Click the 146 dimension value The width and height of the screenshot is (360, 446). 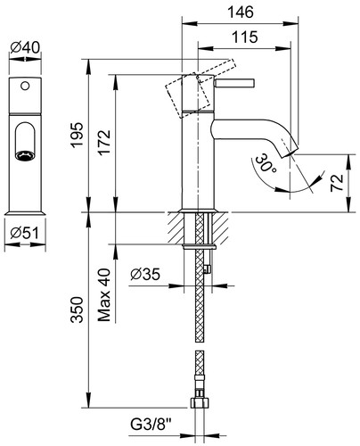241,12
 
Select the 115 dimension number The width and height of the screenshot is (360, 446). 244,37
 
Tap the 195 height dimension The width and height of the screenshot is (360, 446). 77,135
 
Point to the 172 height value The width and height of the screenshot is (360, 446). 104,143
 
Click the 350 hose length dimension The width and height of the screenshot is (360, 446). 77,310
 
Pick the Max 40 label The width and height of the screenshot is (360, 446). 104,295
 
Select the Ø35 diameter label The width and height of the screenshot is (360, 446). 145,274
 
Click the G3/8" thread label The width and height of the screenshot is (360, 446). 151,425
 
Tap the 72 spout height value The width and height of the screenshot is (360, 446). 337,183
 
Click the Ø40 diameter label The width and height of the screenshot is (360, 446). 25,47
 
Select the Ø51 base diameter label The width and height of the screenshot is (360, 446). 24,233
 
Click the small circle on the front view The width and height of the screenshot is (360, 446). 25,87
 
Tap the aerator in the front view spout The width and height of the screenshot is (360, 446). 25,156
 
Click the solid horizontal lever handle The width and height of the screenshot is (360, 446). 233,83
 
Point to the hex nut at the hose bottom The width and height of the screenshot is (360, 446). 200,402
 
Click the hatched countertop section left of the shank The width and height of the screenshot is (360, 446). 176,227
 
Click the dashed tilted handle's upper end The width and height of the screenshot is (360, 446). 232,63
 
